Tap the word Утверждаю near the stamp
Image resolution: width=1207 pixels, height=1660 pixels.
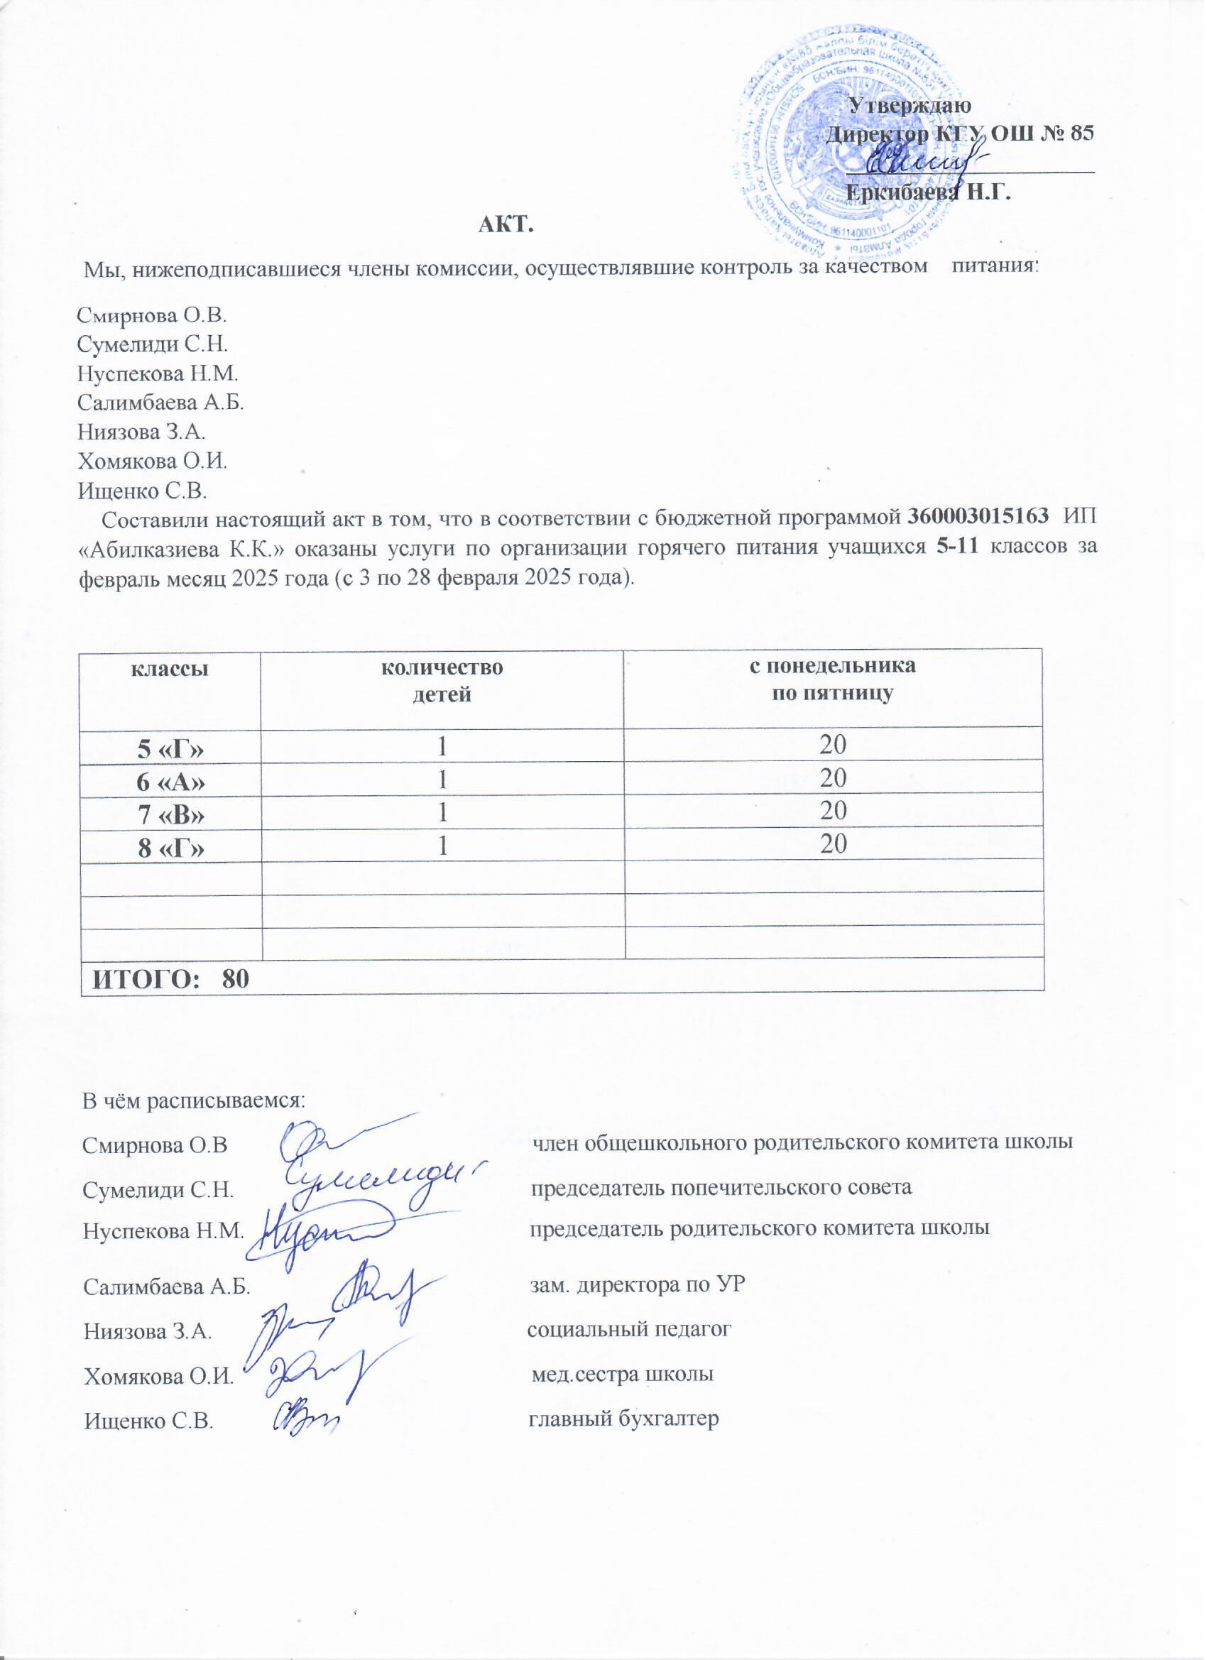[909, 104]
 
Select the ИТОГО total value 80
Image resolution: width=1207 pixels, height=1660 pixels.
[236, 980]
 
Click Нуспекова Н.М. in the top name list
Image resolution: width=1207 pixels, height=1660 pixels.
[158, 374]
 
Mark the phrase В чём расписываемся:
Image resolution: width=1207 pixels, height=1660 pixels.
[193, 1100]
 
